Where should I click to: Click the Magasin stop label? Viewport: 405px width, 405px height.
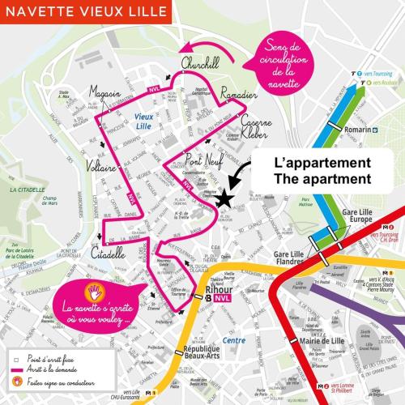tap(104, 92)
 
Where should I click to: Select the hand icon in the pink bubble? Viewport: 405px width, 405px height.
tap(94, 290)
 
